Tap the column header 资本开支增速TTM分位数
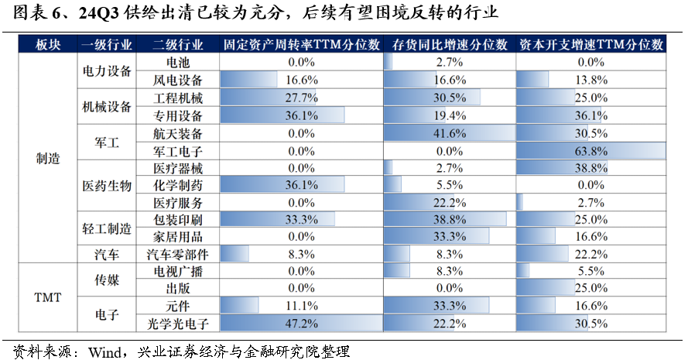[x=592, y=45]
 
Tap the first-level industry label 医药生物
[x=107, y=185]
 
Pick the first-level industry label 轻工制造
[x=107, y=228]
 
